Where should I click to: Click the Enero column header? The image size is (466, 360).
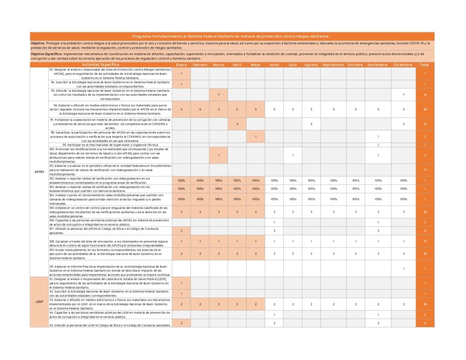181,65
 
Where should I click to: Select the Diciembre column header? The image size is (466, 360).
403,65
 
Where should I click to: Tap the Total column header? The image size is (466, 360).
424,65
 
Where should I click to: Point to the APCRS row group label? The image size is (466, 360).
39,172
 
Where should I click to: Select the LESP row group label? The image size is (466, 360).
39,302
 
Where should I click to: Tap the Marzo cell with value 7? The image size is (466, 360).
218,95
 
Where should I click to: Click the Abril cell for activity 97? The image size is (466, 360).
237,124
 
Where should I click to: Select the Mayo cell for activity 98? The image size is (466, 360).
256,137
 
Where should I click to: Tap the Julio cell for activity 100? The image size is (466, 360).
293,155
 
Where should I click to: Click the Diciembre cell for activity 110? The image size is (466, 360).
403,269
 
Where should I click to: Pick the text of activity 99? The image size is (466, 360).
110,145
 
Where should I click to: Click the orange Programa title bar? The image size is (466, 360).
232,36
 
